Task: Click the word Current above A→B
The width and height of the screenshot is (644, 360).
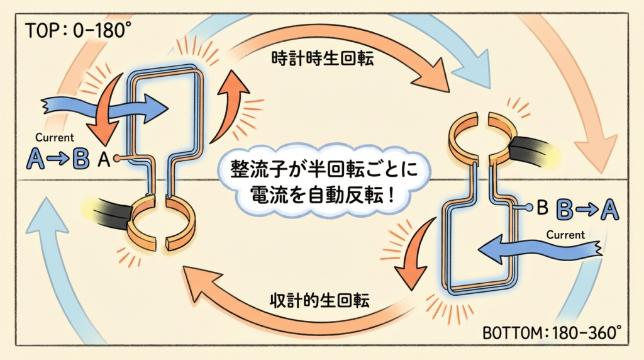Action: coord(55,137)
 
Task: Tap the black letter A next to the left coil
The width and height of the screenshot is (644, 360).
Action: coord(104,160)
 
